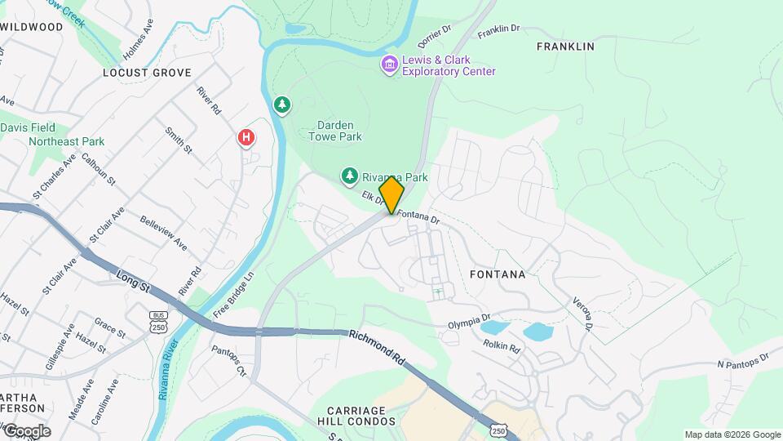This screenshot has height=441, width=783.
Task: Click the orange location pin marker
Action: coord(391,195)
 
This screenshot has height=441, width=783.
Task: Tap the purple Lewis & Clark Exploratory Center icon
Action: coord(389,64)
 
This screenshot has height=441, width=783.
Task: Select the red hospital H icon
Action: coord(246,138)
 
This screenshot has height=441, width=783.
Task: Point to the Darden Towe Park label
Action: coord(335,131)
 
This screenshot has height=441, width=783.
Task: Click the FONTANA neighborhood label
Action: coord(498,274)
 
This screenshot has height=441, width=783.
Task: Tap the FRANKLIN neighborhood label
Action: coord(565,47)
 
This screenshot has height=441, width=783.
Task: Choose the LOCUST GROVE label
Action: coord(137,73)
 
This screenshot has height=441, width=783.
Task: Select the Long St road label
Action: coord(135,281)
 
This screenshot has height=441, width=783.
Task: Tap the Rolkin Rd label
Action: coord(501,346)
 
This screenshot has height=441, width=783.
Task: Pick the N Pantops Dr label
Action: coord(743,361)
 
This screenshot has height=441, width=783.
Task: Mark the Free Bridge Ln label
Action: coord(234,295)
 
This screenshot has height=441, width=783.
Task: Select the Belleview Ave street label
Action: coord(163,233)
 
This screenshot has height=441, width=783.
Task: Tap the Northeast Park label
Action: coord(66,141)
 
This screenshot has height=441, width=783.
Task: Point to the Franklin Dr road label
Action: coord(499,29)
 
